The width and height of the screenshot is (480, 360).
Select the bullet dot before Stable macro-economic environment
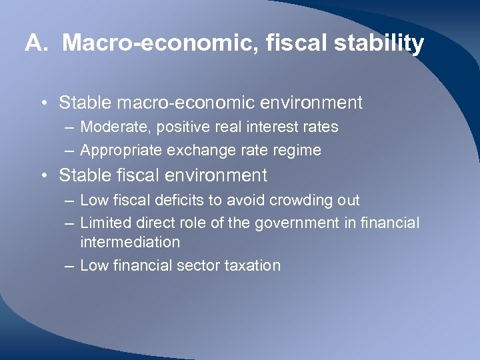click(x=42, y=103)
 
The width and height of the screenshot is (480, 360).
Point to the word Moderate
click(x=109, y=127)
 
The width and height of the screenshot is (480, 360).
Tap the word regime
click(x=299, y=151)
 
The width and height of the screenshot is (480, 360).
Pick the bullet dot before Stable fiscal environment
click(x=42, y=176)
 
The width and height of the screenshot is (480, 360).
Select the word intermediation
click(x=130, y=242)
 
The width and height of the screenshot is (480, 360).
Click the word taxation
click(x=254, y=265)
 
